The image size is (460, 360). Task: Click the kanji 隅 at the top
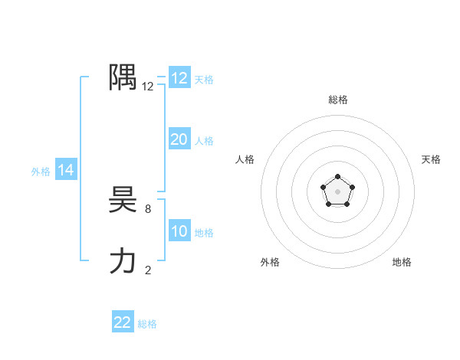click(x=123, y=77)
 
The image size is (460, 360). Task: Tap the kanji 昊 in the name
click(x=123, y=201)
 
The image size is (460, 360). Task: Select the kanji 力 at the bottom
click(x=123, y=262)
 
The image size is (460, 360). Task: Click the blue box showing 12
click(x=179, y=78)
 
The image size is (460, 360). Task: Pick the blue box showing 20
click(x=179, y=139)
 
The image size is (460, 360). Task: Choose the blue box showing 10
click(x=179, y=231)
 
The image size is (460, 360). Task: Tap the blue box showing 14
click(x=66, y=171)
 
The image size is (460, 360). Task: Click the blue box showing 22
click(x=123, y=322)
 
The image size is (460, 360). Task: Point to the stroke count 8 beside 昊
click(x=148, y=208)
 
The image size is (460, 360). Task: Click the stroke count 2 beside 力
click(x=148, y=270)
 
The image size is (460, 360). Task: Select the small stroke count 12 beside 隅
click(x=148, y=87)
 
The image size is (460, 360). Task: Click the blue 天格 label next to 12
click(x=204, y=80)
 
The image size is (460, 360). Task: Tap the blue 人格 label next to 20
click(x=204, y=141)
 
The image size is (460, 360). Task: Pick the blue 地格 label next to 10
click(x=204, y=233)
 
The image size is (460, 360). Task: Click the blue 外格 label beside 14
click(x=41, y=172)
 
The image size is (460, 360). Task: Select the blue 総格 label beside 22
click(x=147, y=324)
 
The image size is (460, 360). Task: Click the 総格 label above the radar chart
click(x=337, y=100)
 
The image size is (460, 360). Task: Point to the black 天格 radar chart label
click(x=432, y=159)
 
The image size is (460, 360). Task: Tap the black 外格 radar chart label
click(x=270, y=262)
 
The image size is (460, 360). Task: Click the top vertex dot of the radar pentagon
click(x=337, y=178)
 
